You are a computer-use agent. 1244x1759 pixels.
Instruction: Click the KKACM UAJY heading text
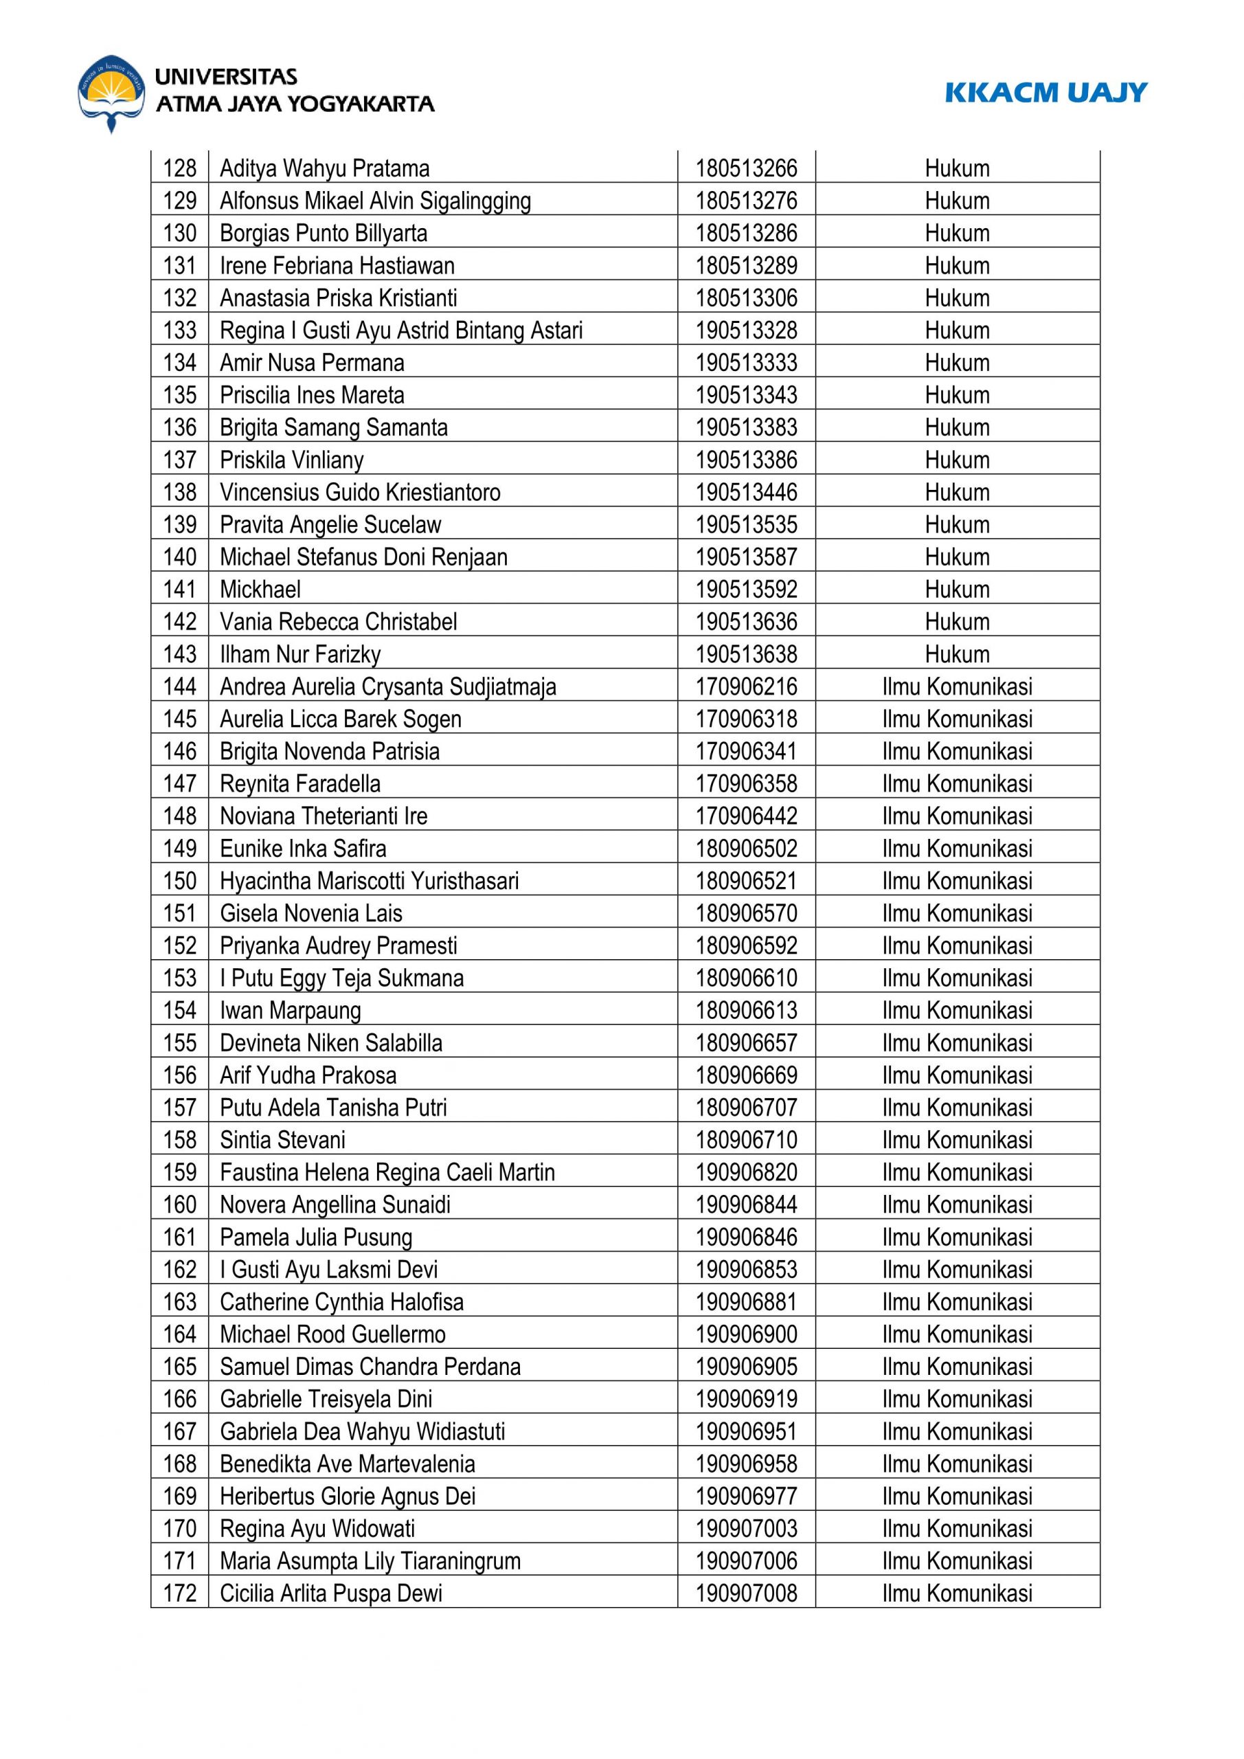(1045, 93)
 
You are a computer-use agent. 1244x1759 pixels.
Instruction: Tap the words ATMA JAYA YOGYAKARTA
(295, 104)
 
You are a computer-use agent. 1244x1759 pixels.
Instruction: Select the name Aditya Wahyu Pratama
(324, 168)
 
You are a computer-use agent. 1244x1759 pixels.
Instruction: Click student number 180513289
(745, 265)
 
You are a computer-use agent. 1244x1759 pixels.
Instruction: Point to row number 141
(179, 589)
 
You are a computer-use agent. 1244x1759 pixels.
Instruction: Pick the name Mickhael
(260, 589)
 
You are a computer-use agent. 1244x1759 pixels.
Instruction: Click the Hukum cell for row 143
(957, 654)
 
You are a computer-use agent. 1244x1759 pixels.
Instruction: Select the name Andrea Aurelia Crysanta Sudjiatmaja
(387, 686)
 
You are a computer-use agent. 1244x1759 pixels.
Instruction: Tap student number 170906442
(745, 816)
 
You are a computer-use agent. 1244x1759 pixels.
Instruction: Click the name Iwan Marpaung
(291, 1011)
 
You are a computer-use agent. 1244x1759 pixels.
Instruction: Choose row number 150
(179, 881)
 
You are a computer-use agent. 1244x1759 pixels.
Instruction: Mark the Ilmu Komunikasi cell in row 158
(957, 1140)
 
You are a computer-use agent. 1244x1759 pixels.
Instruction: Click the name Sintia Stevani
(282, 1140)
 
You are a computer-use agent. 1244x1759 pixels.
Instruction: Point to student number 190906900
(745, 1334)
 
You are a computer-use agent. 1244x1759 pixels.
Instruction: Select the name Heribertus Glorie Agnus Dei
(347, 1497)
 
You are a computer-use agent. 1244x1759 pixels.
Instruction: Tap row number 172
(179, 1593)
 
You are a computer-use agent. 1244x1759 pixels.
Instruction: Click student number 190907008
(745, 1593)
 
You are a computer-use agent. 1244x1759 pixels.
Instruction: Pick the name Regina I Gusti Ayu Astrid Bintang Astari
(400, 330)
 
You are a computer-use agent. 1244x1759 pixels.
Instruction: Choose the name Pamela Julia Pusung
(315, 1237)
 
